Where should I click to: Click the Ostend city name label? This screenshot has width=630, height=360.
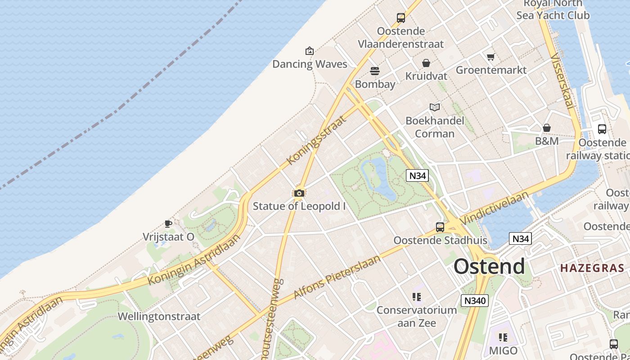tap(489, 266)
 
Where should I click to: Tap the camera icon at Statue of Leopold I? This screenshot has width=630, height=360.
tap(299, 193)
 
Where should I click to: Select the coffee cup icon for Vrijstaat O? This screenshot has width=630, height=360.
tap(168, 224)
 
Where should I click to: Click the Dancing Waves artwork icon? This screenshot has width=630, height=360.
tap(309, 51)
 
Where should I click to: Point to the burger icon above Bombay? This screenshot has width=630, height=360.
tap(374, 71)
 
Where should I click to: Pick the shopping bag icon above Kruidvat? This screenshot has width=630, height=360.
tap(426, 63)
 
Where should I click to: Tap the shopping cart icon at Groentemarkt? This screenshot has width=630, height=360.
tap(490, 57)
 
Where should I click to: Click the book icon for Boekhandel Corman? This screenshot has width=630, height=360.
tap(434, 108)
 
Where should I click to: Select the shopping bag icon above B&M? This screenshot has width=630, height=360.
tap(547, 128)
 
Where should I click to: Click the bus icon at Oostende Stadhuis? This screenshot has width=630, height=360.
tap(440, 227)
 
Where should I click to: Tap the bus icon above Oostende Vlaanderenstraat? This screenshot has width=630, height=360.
tap(400, 18)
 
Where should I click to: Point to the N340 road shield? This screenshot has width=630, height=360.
tap(474, 300)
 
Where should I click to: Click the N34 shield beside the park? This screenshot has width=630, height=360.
tap(417, 175)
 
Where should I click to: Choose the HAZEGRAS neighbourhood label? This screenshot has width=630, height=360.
tap(592, 268)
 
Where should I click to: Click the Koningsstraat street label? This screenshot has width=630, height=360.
tap(317, 140)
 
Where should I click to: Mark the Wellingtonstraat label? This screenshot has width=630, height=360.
tap(159, 316)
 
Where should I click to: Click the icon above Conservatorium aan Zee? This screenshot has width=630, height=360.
tap(416, 297)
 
